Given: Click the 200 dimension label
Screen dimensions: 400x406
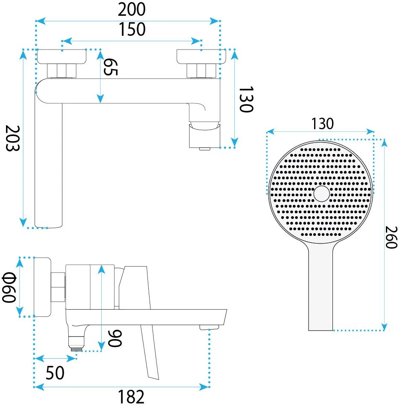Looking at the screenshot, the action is point(132,9).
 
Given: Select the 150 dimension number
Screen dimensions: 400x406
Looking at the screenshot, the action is point(132,29).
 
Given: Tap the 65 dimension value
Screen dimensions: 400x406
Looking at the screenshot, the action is point(111,67).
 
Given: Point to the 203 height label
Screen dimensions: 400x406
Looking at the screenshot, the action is point(12,138).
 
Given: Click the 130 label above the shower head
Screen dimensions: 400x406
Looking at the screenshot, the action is point(323,124).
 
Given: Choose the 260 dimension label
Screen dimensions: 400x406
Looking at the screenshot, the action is point(391,237).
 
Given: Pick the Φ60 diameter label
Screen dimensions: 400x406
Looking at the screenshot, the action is point(9,287).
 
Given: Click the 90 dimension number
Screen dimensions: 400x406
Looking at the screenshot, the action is point(115,338).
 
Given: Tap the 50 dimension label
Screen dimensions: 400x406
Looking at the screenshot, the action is point(55,373).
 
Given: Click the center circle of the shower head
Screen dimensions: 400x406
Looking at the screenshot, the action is point(322,194).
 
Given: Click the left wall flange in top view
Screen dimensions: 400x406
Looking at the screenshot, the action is point(62,56).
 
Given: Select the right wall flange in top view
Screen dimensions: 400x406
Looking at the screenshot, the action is point(201,56).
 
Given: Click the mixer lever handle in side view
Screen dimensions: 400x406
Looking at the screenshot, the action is point(145,321).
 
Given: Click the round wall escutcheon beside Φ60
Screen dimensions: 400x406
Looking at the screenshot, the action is point(43,287).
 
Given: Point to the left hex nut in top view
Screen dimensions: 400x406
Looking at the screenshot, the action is point(62,71).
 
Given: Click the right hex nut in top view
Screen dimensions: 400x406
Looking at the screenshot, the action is point(201,71).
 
